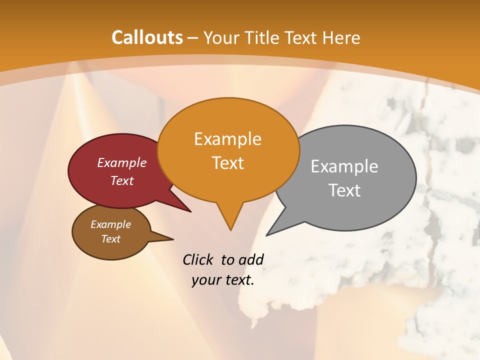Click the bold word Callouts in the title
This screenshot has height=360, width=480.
tap(147, 37)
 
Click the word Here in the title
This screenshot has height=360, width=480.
tap(342, 37)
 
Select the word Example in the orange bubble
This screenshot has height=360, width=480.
tap(228, 139)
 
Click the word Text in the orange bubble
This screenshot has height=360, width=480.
tap(228, 163)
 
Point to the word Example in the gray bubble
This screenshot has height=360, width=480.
tap(344, 166)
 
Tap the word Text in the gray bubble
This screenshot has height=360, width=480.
tap(345, 190)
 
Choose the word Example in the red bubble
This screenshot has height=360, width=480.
tap(122, 162)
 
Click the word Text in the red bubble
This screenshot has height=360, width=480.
tap(122, 180)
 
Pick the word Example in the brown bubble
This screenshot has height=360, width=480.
tap(111, 224)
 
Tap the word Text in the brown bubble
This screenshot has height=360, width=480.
tap(111, 239)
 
